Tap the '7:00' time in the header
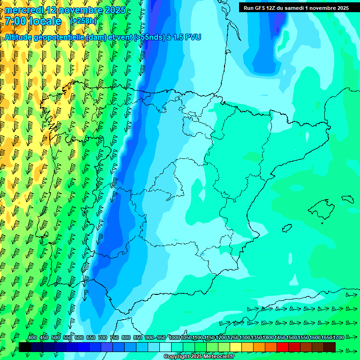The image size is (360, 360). coord(15,22)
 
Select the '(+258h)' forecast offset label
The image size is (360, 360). coord(83,21)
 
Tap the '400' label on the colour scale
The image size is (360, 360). coord(32,337)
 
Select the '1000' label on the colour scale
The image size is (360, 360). coord(174,337)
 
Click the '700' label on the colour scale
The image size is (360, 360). coord(103,337)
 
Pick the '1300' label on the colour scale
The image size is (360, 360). coord(245,337)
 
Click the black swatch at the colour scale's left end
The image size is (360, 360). coord(25,347)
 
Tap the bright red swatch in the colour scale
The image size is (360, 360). coord(283,347)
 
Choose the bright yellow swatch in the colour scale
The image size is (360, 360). coord(236,347)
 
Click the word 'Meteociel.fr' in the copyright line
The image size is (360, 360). coord(218,357)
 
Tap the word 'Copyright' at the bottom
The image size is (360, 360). coord(176,357)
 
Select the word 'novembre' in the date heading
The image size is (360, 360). coord(75,10)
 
